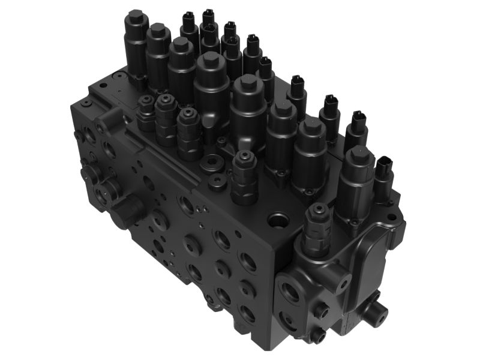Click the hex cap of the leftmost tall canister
click(x=135, y=19)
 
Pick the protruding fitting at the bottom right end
click(x=375, y=311)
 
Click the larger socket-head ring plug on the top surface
click(x=211, y=164)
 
